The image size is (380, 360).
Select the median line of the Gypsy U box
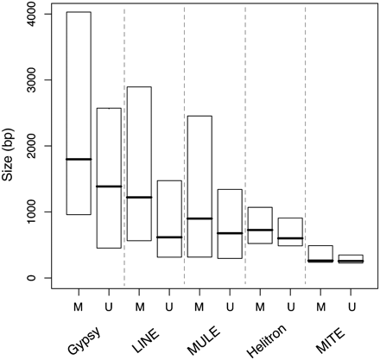(109, 186)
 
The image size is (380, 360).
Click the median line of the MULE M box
(199, 218)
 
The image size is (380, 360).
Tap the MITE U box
(351, 258)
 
